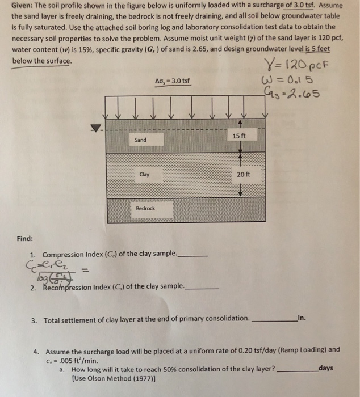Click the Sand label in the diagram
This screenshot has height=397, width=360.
pyautogui.click(x=141, y=140)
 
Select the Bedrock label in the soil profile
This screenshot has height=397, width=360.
pyautogui.click(x=145, y=209)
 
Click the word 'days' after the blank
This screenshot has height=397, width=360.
pyautogui.click(x=328, y=368)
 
